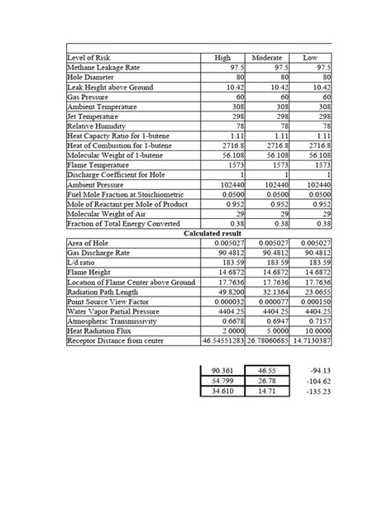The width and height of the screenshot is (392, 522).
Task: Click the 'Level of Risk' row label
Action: point(88,58)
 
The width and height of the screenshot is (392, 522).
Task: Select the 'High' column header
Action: point(222,58)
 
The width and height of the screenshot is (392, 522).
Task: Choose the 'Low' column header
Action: point(310,58)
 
